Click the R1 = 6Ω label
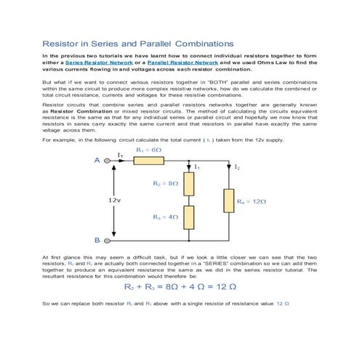click(x=149, y=149)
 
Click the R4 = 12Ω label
click(x=252, y=200)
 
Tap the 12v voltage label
click(x=114, y=199)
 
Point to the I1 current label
click(x=197, y=167)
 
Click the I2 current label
click(x=237, y=167)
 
